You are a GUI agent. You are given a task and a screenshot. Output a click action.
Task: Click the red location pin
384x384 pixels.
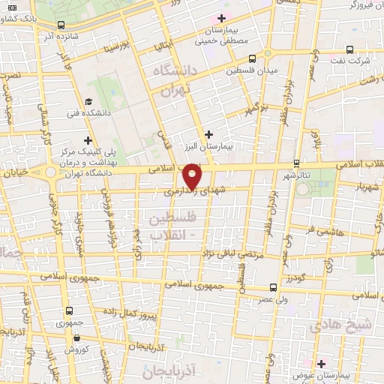pos(193,176)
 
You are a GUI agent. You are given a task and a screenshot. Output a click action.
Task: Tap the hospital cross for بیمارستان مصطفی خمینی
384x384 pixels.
pos(220,18)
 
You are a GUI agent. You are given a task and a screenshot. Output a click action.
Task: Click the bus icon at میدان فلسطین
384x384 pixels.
pos(252,58)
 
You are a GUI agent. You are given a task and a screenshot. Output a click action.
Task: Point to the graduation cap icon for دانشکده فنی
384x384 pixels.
pos(88,102)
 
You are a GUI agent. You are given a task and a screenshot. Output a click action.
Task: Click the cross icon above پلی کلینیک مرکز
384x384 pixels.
pos(88,140)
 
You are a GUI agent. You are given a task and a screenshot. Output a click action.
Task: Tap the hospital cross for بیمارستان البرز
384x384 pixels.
pos(208,133)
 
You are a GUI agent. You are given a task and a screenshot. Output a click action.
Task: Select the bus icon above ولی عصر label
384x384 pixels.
pos(272,286)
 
